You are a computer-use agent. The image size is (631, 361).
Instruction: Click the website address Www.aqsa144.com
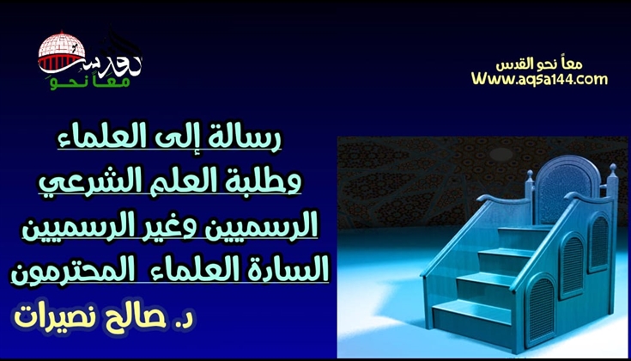tap(539, 79)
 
